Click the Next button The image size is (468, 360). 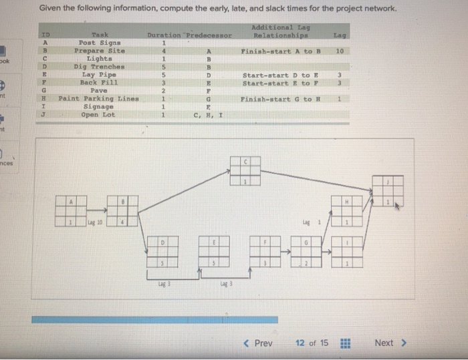[388, 343]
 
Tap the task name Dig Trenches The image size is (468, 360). [99, 67]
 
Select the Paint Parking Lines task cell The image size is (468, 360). [98, 99]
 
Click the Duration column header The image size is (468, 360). [164, 34]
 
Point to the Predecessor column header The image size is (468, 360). [209, 34]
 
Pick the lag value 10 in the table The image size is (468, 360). [340, 51]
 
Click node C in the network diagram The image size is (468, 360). [245, 171]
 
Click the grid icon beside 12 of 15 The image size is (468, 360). [346, 343]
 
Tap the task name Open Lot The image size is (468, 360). [98, 115]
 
